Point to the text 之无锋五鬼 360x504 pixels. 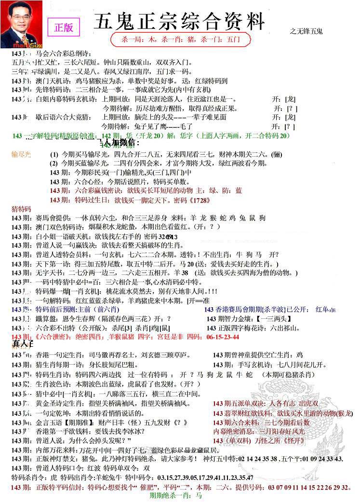[307, 31]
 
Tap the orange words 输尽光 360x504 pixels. [21, 154]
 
